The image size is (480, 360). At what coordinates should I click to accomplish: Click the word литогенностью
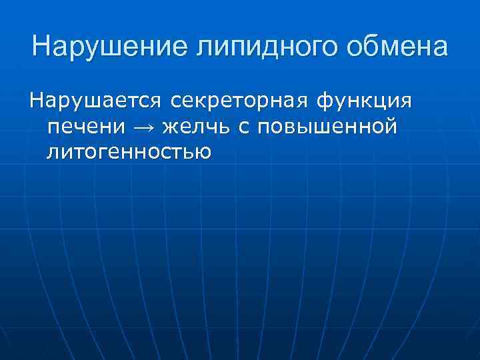[x=129, y=152]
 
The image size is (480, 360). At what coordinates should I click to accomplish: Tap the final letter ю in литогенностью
[x=203, y=152]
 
